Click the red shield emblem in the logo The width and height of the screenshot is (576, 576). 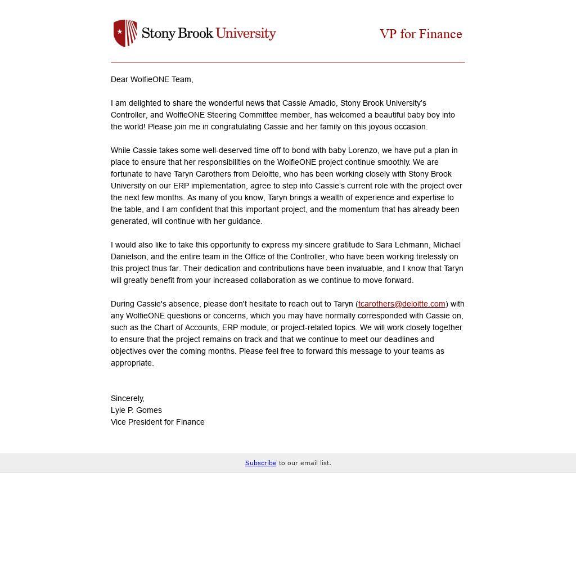[125, 33]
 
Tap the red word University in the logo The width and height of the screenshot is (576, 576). [246, 33]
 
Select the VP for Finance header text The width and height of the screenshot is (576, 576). [421, 34]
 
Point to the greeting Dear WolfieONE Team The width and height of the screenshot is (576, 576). [152, 79]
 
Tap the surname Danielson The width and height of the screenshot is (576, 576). [128, 256]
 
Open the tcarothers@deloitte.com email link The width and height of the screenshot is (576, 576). [402, 304]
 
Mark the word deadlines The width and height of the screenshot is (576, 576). [399, 339]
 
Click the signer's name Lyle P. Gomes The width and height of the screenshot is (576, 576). [136, 410]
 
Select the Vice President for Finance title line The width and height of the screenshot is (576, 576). [157, 422]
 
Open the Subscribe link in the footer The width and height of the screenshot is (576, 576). [260, 463]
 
